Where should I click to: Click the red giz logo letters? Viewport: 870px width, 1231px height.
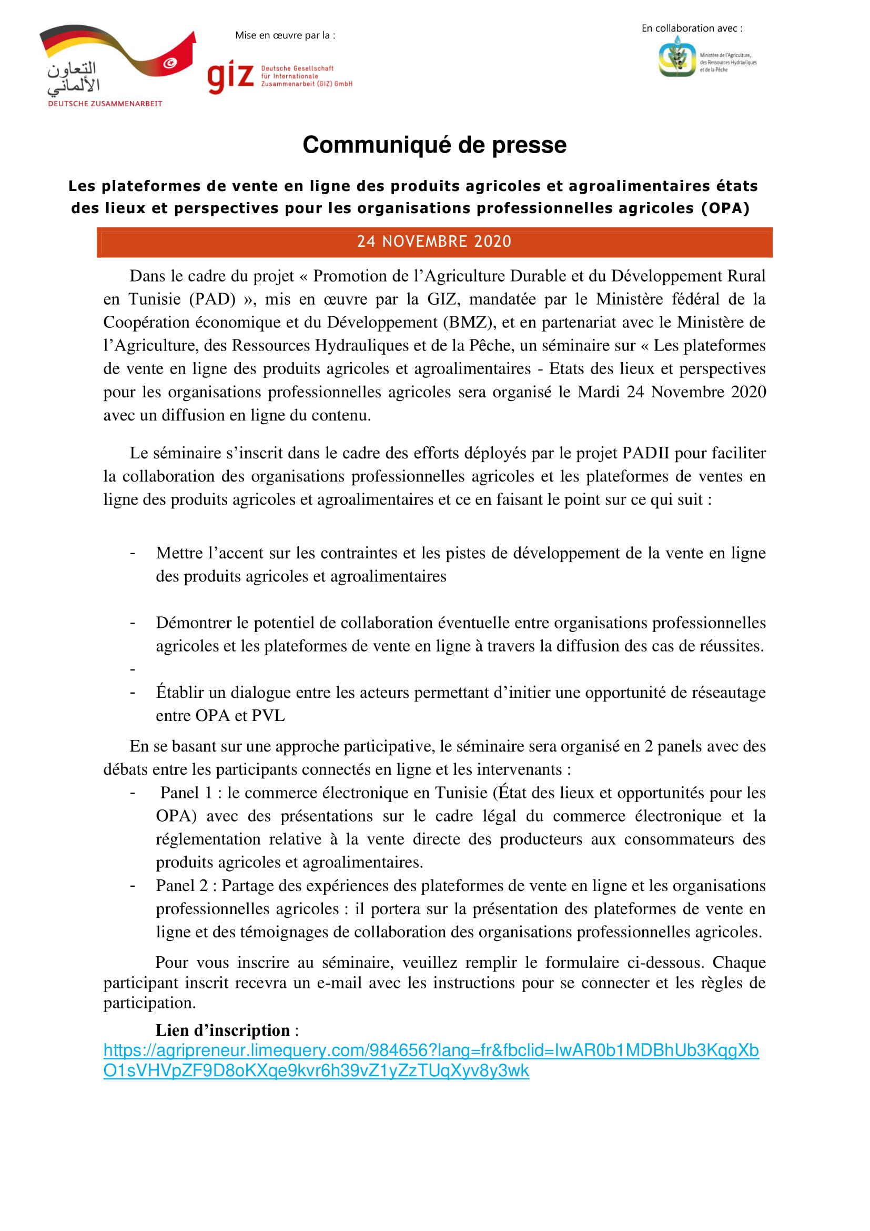tap(230, 77)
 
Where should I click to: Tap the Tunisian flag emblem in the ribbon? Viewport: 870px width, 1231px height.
tap(170, 63)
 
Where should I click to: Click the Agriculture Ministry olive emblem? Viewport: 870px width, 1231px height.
tap(677, 57)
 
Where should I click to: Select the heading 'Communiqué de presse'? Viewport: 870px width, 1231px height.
tap(434, 145)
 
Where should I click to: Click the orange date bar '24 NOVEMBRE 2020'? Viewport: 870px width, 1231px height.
tap(434, 242)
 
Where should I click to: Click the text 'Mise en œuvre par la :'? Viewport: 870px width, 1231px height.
tap(285, 35)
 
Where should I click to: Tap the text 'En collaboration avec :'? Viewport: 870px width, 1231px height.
tap(692, 28)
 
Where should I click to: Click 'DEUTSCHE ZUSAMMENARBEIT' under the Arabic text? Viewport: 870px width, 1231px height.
tap(105, 104)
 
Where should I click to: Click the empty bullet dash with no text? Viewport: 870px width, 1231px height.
tap(133, 669)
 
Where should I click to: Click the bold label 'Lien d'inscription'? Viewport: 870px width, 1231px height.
tap(222, 1030)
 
